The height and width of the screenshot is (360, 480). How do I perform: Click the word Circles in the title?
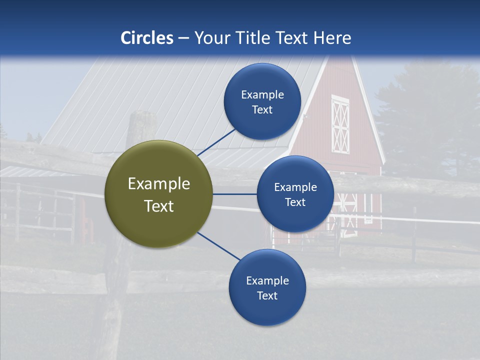point(147,38)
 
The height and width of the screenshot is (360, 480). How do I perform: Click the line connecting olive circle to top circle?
point(217,142)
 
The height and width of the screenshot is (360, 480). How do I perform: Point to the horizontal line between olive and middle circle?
point(234,194)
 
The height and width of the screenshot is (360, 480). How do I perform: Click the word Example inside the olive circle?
point(158,183)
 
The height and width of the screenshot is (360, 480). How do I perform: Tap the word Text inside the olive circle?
point(158,206)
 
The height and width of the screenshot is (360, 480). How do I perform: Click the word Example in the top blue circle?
point(262,94)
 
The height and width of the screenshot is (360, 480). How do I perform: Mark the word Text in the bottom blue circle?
point(267,295)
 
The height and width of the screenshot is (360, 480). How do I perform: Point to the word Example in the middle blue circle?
point(295,187)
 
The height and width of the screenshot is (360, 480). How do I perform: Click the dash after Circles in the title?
point(183,38)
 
